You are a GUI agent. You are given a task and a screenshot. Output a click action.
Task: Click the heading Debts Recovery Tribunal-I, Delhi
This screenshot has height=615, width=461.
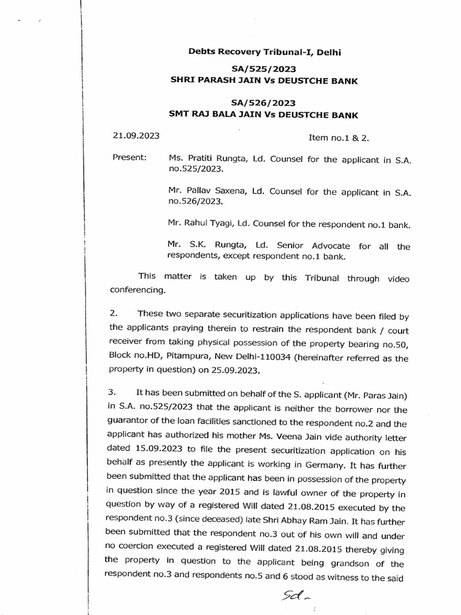pyautogui.click(x=264, y=53)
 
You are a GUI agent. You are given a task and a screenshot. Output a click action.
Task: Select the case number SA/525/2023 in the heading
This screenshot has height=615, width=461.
pyautogui.click(x=265, y=70)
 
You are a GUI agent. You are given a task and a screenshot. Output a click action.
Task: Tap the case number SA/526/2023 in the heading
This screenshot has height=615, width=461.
pyautogui.click(x=265, y=103)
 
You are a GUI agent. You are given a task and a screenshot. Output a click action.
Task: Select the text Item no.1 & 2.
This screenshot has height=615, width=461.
pyautogui.click(x=339, y=138)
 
